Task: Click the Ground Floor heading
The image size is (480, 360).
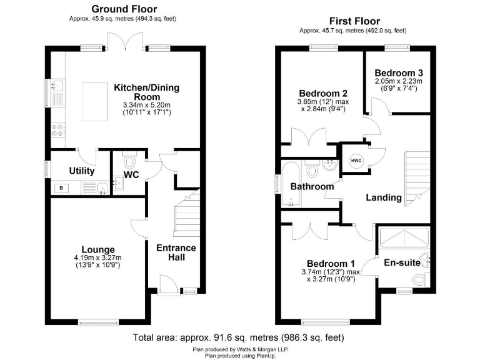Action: [x=124, y=9]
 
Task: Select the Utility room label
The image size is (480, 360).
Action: [x=81, y=171]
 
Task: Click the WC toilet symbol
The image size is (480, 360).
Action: [x=130, y=160]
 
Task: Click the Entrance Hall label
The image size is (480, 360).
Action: [x=176, y=253]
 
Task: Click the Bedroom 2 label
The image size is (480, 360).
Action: [x=322, y=91]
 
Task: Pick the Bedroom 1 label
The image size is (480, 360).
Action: [x=330, y=263]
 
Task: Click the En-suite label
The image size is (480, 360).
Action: [x=402, y=262]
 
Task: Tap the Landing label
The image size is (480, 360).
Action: [x=383, y=197]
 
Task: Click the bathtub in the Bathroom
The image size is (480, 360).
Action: [x=291, y=184]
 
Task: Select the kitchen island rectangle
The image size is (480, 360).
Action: [x=96, y=101]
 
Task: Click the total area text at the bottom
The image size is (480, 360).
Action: [x=239, y=337]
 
